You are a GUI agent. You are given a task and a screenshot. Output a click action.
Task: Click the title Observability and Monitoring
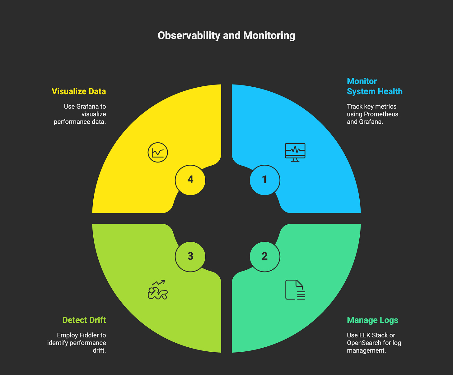coord(226,35)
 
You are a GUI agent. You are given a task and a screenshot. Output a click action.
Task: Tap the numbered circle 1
coord(265,180)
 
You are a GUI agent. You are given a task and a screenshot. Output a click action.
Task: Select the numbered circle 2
coord(265,256)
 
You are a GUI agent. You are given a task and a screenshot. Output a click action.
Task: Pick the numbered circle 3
coord(190,256)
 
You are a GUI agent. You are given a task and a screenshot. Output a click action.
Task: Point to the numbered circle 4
coord(190,180)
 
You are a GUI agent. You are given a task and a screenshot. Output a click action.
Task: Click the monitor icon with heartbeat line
coord(295,152)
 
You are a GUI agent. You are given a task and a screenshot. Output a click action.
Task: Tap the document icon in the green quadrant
coord(295,290)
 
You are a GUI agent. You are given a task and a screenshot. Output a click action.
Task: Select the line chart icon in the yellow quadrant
coord(158,153)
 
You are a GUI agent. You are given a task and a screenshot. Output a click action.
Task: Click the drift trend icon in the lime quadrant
coord(158,290)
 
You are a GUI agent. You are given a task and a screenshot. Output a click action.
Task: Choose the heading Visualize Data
coord(79,91)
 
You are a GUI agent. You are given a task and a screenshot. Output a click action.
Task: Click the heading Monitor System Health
coord(375,86)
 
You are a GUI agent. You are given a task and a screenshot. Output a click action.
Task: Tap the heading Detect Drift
coord(84,320)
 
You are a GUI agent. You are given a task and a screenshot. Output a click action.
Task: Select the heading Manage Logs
coord(372,320)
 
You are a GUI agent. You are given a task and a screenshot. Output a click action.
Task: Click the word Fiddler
coord(89,335)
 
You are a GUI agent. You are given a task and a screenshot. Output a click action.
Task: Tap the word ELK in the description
coord(365,335)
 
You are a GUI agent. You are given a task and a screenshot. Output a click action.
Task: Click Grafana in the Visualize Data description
coord(87,107)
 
